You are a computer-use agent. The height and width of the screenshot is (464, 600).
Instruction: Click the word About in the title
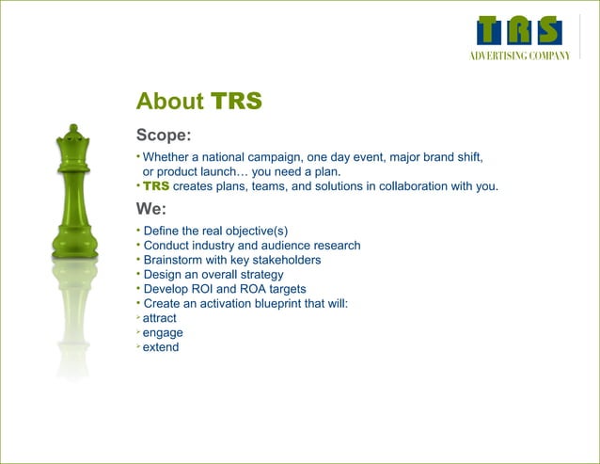click(x=170, y=102)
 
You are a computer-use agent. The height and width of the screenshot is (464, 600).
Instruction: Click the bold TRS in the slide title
click(x=236, y=102)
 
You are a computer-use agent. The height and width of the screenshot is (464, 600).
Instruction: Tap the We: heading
click(x=151, y=209)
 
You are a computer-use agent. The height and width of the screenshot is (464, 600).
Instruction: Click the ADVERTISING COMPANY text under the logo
click(x=520, y=56)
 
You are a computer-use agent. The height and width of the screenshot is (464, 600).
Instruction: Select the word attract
click(x=159, y=318)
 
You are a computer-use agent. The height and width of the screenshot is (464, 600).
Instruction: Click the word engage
click(x=163, y=332)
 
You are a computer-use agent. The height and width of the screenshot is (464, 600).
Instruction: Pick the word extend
click(x=161, y=347)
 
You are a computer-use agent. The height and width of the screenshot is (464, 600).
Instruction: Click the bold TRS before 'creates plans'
click(x=156, y=186)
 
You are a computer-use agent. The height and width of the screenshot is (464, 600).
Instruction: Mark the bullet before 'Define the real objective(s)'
click(x=138, y=230)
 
